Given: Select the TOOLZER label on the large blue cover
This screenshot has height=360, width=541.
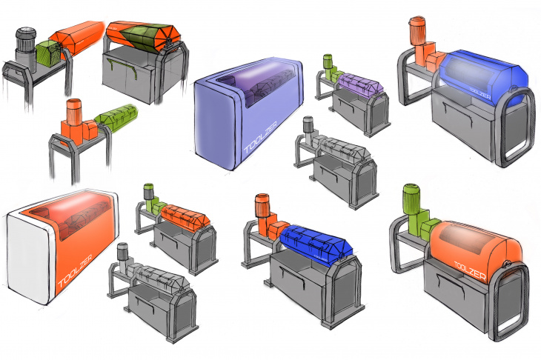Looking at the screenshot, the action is coord(480,93).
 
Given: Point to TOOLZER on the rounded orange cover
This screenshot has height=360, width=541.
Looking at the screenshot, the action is coord(471,270).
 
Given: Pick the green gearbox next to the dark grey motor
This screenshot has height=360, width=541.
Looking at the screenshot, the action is coord(47,53).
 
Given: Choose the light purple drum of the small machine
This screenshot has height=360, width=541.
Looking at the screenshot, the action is coord(360,84).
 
